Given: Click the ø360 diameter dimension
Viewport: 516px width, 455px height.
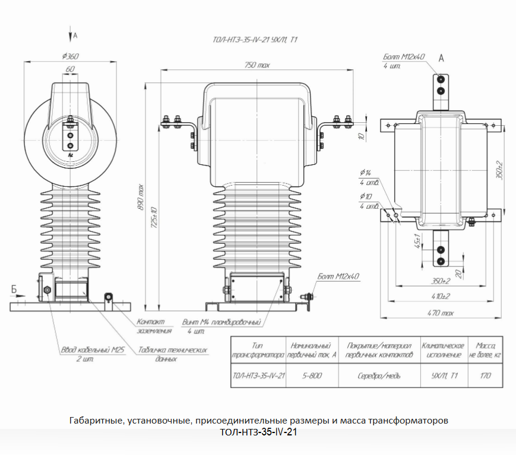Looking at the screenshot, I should click(70, 56).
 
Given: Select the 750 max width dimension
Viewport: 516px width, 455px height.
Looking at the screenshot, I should click(257, 65).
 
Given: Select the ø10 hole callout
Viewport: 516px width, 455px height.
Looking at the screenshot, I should click(365, 197).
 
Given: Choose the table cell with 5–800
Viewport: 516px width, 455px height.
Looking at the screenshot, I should click(312, 376).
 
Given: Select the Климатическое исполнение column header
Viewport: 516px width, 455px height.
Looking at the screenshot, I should click(442, 349).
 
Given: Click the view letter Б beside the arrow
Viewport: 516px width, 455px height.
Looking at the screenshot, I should click(14, 289).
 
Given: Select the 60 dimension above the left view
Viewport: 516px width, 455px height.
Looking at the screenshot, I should click(70, 69).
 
